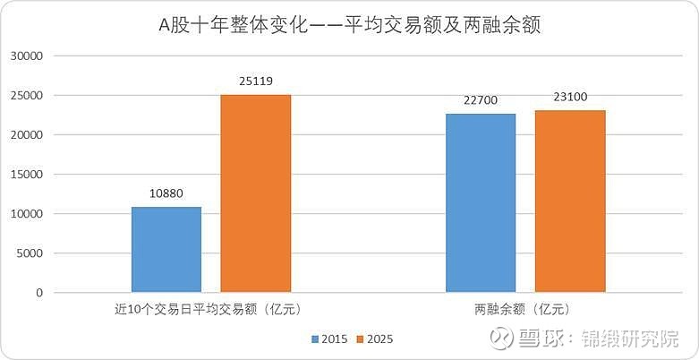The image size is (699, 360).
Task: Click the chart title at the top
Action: click(x=350, y=25)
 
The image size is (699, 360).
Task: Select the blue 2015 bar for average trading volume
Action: click(x=166, y=249)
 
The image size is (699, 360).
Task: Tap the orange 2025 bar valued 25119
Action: click(x=256, y=193)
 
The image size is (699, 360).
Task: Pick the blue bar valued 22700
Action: click(x=481, y=202)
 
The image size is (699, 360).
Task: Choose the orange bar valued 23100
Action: click(x=570, y=201)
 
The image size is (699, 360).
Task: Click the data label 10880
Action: click(x=166, y=192)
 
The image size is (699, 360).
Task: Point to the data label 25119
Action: click(x=256, y=80)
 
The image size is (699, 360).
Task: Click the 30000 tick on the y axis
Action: click(x=27, y=56)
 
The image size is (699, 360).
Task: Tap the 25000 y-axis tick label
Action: click(x=27, y=96)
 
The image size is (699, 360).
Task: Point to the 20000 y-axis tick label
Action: click(x=27, y=135)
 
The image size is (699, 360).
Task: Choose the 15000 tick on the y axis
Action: click(x=27, y=175)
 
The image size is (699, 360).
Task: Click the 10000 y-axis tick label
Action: click(x=27, y=214)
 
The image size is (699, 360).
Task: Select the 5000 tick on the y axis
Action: click(x=30, y=253)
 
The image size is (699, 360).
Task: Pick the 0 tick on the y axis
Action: click(x=39, y=293)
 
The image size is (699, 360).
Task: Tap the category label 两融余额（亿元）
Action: click(x=525, y=310)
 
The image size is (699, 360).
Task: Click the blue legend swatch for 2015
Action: click(x=315, y=339)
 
